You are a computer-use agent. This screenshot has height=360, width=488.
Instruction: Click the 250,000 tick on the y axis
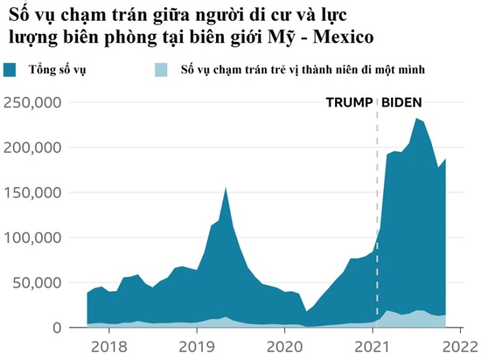(32, 103)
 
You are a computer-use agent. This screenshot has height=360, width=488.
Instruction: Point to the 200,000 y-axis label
(32, 148)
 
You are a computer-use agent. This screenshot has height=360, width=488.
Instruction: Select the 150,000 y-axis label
(32, 193)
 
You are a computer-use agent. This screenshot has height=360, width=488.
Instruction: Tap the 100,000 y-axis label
(32, 238)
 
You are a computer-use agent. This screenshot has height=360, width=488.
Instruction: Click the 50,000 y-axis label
(37, 283)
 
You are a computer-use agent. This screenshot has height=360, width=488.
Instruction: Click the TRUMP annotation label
(349, 102)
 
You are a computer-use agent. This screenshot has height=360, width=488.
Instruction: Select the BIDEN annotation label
(401, 102)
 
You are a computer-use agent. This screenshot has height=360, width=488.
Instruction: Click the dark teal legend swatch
(11, 70)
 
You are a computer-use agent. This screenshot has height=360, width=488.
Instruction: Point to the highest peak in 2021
(416, 118)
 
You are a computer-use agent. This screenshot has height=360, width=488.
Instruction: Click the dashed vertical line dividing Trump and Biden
(377, 215)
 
